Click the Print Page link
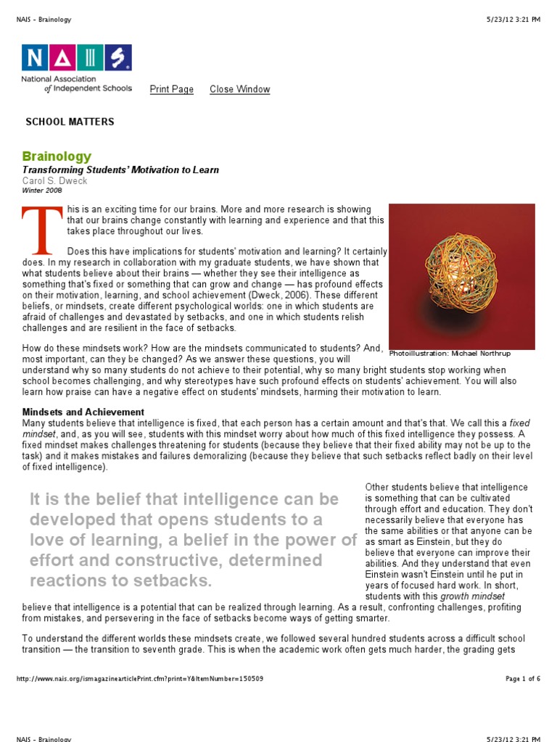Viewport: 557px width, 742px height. (x=171, y=89)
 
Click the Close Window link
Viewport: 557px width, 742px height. (x=239, y=89)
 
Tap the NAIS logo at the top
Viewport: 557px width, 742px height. (x=76, y=57)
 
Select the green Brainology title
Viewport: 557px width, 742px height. (x=57, y=157)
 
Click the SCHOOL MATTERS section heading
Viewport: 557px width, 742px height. (x=70, y=122)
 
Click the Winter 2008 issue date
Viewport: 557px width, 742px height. (x=42, y=191)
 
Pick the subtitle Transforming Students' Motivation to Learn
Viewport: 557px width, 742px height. (x=120, y=170)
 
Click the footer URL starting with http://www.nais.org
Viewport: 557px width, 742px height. (x=139, y=679)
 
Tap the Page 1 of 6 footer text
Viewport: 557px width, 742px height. (x=522, y=679)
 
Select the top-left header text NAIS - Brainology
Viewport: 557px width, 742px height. (x=44, y=20)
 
